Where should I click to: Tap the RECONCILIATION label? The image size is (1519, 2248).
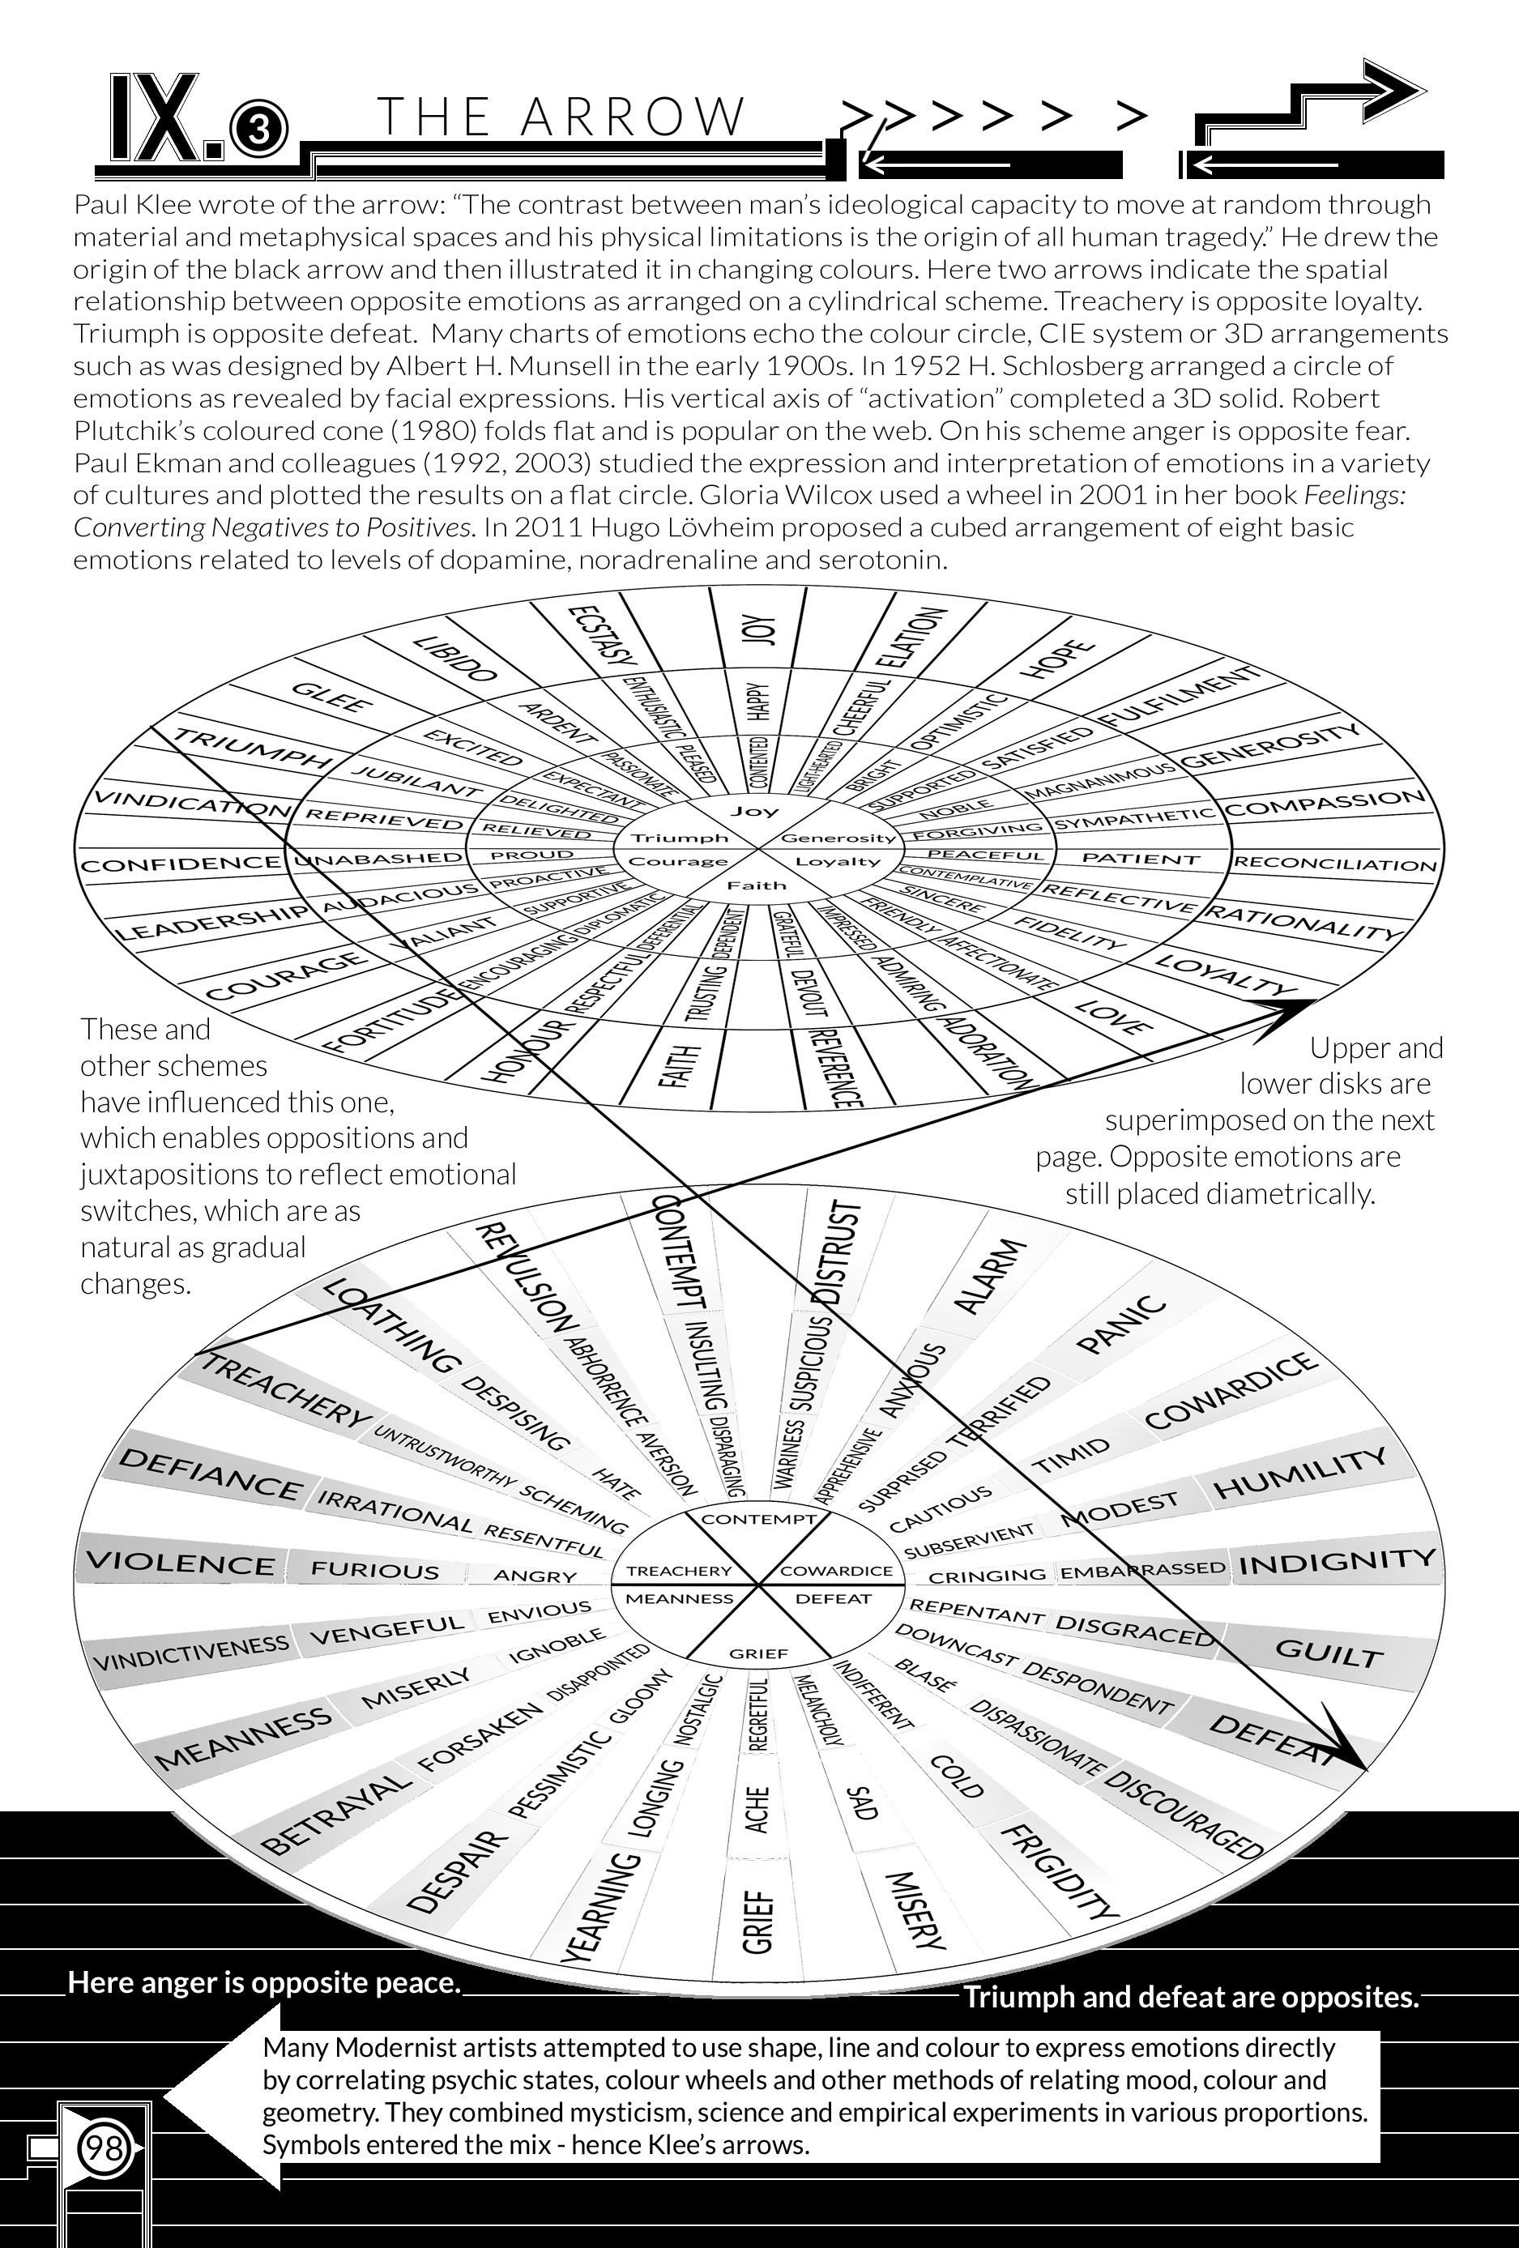(x=1335, y=863)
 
